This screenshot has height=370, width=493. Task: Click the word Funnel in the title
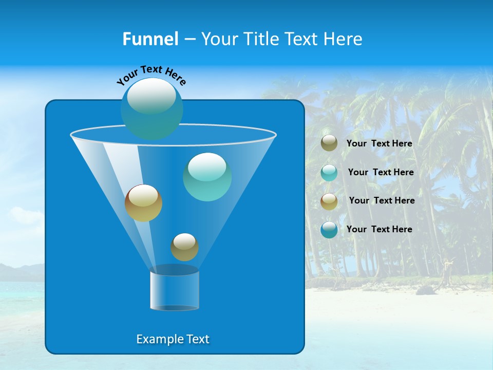[150, 39]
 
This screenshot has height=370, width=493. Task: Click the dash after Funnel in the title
[189, 39]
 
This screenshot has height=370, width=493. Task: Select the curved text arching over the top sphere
[151, 75]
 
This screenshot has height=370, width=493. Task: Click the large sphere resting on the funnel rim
[152, 108]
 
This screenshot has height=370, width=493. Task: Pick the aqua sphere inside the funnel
[207, 177]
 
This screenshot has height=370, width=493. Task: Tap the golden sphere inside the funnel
[143, 203]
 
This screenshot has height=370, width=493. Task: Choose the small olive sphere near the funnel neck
[184, 247]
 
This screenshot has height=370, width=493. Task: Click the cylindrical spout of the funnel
[174, 290]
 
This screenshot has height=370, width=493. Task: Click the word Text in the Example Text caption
[197, 339]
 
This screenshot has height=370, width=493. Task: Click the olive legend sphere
[329, 143]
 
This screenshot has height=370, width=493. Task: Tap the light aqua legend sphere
[329, 172]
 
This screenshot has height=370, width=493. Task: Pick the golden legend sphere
[329, 201]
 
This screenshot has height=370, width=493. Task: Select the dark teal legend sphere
[329, 230]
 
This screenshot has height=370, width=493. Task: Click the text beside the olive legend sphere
[379, 143]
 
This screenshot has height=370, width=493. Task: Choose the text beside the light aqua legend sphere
[381, 172]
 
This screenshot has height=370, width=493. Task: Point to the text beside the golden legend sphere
[382, 200]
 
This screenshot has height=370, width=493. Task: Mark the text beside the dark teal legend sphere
[379, 229]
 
